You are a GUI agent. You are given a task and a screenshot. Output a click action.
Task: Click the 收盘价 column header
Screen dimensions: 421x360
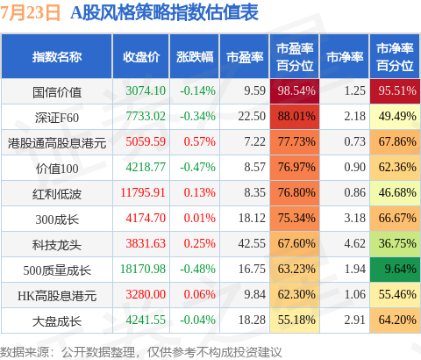pos(141,57)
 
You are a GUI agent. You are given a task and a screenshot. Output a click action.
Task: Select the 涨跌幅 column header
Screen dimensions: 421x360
pos(195,57)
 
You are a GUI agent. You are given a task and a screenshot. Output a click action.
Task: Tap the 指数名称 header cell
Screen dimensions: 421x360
pos(57,57)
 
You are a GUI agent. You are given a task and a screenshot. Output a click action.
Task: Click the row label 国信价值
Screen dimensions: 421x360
pos(57,92)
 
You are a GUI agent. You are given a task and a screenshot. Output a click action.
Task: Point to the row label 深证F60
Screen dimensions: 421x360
pos(57,118)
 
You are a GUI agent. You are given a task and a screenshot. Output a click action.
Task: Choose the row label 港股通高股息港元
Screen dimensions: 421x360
pos(57,143)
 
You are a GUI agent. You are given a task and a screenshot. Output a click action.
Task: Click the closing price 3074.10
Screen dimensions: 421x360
pos(146,90)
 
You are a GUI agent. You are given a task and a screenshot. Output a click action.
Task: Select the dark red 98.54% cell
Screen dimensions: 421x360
pos(295,90)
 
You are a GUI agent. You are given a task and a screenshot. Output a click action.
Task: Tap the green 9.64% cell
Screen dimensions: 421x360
pos(395,269)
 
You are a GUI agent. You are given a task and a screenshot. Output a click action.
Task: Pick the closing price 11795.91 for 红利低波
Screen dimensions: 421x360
pos(143,192)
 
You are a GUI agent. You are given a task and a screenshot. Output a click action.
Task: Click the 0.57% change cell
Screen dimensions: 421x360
pos(199,141)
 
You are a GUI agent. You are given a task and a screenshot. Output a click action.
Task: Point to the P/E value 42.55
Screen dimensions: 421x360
pos(252,243)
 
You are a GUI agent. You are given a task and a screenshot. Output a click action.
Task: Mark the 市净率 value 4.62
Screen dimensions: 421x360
pos(354,243)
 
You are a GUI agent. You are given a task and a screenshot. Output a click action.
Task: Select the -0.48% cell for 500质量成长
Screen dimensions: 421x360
pos(197,269)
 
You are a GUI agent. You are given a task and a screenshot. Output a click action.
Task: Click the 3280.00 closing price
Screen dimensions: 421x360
pos(146,294)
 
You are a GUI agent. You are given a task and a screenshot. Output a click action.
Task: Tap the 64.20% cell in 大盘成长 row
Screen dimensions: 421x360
pos(395,320)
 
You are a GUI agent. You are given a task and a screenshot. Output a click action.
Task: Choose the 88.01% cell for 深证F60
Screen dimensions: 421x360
pos(295,117)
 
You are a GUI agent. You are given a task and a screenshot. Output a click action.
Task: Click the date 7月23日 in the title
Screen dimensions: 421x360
pos(30,12)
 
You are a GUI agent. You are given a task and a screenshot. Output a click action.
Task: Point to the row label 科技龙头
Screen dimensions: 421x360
pos(57,245)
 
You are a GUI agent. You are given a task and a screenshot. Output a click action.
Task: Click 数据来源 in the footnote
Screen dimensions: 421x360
pos(25,352)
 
